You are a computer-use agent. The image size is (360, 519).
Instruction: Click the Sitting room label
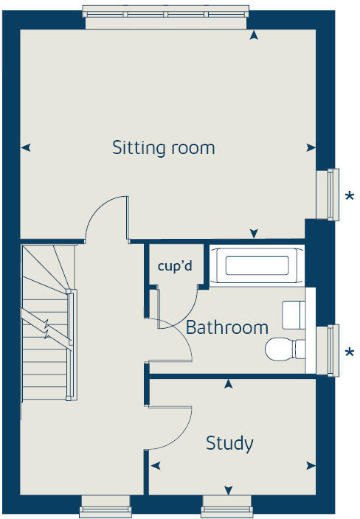(163, 147)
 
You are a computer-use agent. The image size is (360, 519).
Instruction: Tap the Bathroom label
(226, 327)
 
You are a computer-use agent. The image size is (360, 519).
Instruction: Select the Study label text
(229, 443)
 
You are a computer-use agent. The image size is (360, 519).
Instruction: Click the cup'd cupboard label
(175, 265)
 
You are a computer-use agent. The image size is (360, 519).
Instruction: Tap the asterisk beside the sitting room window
(349, 196)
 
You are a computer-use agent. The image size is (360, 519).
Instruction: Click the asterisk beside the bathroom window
(349, 352)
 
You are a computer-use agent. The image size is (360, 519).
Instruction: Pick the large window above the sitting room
(166, 15)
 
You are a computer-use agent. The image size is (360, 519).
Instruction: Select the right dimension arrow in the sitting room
(311, 147)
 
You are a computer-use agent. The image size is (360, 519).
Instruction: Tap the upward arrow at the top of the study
(229, 383)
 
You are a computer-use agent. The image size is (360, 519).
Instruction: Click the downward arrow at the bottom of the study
(229, 490)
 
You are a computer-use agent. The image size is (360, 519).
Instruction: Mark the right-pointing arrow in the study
(311, 465)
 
